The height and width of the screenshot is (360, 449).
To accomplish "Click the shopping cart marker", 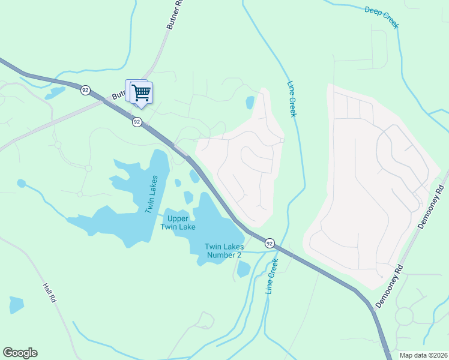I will tap(141, 93).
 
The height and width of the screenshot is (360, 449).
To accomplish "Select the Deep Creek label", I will tap(382, 17).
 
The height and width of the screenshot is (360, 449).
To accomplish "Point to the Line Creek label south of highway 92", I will tap(273, 277).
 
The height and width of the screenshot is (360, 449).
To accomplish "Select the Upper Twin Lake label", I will tap(178, 223).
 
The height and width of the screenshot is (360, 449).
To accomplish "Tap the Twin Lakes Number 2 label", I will tap(223, 251).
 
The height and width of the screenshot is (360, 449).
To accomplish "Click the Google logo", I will tap(20, 353).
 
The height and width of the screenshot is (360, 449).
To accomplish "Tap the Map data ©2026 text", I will tap(423, 355).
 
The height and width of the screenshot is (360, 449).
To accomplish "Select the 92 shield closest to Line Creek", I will tap(270, 243).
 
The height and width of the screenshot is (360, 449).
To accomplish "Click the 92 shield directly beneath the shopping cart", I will tap(137, 122).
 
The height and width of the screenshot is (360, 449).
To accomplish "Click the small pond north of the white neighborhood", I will tap(250, 103).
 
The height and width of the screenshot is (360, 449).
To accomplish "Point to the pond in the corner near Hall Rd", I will tap(16, 305).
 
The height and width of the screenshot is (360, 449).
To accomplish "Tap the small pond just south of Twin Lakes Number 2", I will tap(243, 269).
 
